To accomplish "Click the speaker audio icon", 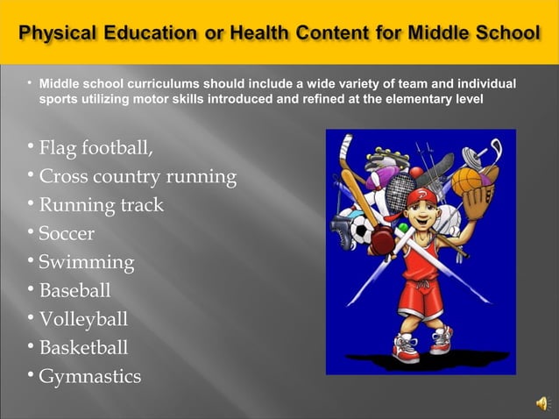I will click(x=542, y=402).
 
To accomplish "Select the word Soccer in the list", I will click(x=67, y=234).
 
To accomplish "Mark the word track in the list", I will click(x=142, y=206).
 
